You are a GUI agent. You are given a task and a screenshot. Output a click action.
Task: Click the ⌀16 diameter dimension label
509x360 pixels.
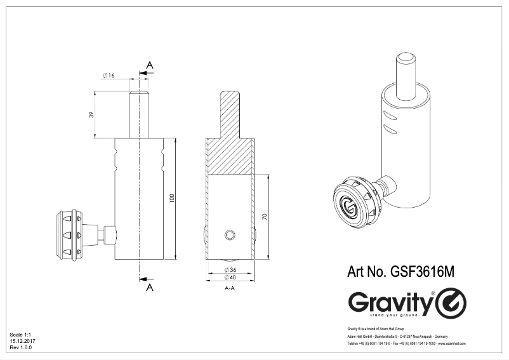click(x=108, y=76)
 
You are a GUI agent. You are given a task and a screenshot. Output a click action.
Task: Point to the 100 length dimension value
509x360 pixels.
click(x=171, y=198)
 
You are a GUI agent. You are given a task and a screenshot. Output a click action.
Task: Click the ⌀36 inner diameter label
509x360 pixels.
click(x=231, y=270)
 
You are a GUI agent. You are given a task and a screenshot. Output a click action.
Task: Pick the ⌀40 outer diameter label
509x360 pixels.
click(x=231, y=277)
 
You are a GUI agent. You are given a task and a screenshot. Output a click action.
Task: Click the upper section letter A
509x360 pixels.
click(x=150, y=65)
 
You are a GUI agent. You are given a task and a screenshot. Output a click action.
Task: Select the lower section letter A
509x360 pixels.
click(x=150, y=288)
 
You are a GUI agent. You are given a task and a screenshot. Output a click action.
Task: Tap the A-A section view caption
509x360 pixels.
click(x=231, y=288)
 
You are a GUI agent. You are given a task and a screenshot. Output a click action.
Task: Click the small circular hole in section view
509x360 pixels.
click(x=229, y=235)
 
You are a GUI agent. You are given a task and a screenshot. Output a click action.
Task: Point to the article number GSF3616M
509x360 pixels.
click(x=401, y=271)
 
